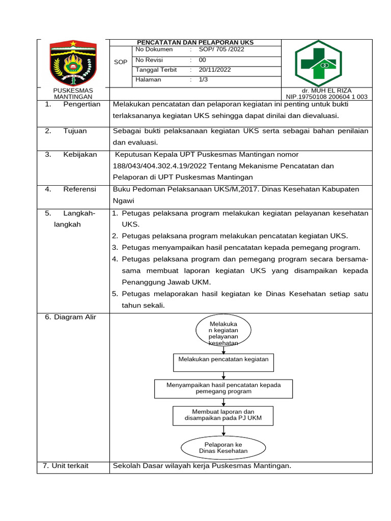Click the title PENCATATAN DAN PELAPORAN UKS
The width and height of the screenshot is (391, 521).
click(x=195, y=42)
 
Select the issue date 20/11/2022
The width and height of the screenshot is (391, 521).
click(x=215, y=70)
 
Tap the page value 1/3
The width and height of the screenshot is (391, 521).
click(x=203, y=79)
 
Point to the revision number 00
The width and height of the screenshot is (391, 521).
click(x=202, y=60)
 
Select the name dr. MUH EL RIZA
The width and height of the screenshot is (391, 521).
click(x=326, y=91)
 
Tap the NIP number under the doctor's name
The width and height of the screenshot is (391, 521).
click(x=326, y=97)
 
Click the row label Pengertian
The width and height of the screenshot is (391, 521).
click(x=82, y=104)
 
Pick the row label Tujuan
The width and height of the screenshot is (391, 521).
click(x=75, y=131)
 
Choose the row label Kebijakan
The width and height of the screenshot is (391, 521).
click(x=80, y=154)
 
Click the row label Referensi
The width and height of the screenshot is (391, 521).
click(x=79, y=189)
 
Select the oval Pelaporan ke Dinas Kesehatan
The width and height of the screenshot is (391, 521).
click(x=223, y=448)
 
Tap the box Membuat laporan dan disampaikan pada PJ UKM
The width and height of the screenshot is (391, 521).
click(x=223, y=415)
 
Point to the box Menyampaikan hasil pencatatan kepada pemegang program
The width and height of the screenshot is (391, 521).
click(x=224, y=388)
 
